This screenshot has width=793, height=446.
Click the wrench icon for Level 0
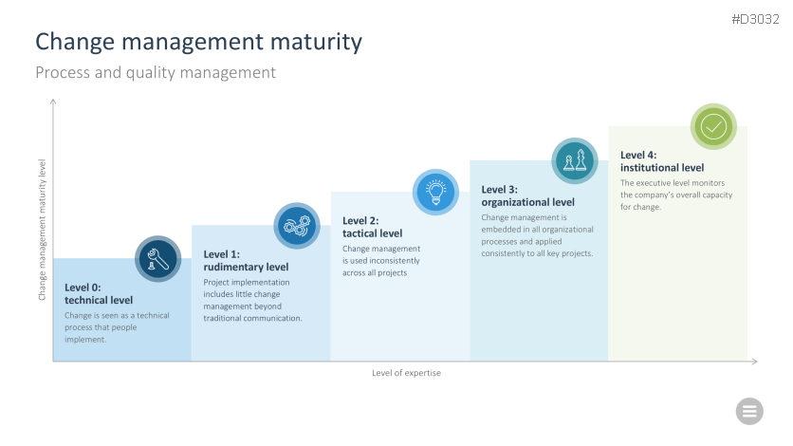pyautogui.click(x=157, y=259)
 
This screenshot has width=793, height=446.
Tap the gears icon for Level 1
pyautogui.click(x=297, y=226)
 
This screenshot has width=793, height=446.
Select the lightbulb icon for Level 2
pyautogui.click(x=435, y=192)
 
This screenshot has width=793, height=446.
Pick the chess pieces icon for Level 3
pyautogui.click(x=575, y=160)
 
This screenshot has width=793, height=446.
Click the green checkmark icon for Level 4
pyautogui.click(x=713, y=126)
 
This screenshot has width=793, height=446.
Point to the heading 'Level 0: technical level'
pyautogui.click(x=99, y=294)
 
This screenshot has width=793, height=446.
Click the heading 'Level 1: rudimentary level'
pyautogui.click(x=246, y=260)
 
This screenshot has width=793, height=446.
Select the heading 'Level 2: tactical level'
pyautogui.click(x=372, y=227)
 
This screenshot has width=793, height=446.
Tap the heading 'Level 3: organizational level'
pyautogui.click(x=528, y=195)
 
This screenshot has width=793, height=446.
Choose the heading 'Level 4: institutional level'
pyautogui.click(x=662, y=161)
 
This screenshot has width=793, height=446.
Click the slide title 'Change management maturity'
pyautogui.click(x=199, y=42)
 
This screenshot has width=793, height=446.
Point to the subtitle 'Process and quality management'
pyautogui.click(x=156, y=72)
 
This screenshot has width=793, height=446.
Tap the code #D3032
pyautogui.click(x=756, y=19)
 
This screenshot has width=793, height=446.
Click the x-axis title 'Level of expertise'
pyautogui.click(x=407, y=373)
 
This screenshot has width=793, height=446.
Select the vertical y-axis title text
pyautogui.click(x=42, y=230)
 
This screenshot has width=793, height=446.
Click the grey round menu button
pyautogui.click(x=749, y=411)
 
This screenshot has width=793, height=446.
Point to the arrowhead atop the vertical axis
pyautogui.click(x=53, y=102)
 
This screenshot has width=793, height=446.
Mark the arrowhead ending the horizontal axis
pyautogui.click(x=755, y=361)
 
